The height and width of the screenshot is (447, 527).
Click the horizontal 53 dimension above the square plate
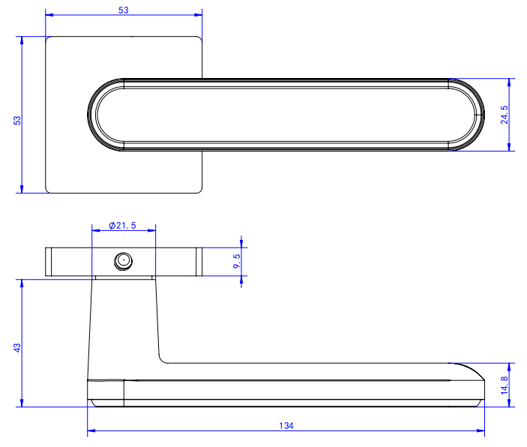click(x=124, y=10)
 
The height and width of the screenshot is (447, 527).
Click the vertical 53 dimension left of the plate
click(x=17, y=121)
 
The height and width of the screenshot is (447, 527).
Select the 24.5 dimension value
click(x=505, y=115)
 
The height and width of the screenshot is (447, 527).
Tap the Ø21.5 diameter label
click(x=122, y=225)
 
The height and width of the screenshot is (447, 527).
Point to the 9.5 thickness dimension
click(x=237, y=261)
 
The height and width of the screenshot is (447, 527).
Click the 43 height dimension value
click(x=17, y=347)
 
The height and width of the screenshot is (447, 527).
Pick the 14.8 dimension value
click(x=505, y=385)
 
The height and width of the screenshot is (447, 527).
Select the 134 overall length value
click(x=286, y=426)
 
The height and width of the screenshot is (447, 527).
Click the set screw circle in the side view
click(x=124, y=261)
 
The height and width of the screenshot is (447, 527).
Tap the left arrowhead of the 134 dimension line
click(x=91, y=430)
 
